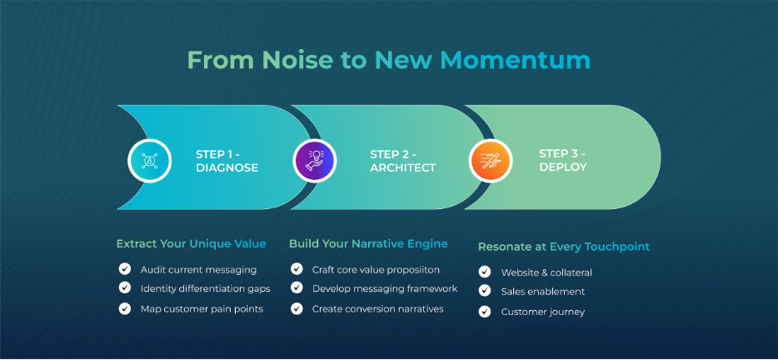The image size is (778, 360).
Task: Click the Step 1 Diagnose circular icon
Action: click(x=149, y=161)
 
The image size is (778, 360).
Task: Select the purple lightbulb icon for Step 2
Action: click(x=315, y=161)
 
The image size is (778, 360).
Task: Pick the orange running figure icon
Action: click(x=491, y=161)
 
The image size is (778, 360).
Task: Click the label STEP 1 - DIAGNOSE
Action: click(x=227, y=161)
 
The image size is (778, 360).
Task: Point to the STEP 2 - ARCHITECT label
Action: click(x=402, y=161)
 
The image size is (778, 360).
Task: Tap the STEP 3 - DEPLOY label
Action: click(x=562, y=160)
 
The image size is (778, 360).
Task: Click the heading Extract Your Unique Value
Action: click(x=191, y=244)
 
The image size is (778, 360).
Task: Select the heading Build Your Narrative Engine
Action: click(x=368, y=244)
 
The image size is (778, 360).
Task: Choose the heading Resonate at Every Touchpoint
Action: click(x=564, y=247)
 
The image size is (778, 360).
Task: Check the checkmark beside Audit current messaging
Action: click(x=125, y=269)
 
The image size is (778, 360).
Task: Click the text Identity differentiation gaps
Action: click(x=206, y=288)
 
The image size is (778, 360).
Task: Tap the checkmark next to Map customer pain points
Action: click(x=125, y=308)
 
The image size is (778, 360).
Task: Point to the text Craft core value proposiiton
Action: click(x=376, y=270)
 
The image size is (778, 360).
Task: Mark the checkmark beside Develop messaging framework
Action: click(x=297, y=287)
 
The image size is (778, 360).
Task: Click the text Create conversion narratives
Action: click(x=377, y=308)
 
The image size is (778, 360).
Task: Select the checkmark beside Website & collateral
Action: click(x=484, y=272)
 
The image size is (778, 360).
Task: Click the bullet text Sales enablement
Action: click(x=543, y=292)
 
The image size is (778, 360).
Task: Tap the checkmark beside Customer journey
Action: click(x=484, y=312)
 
